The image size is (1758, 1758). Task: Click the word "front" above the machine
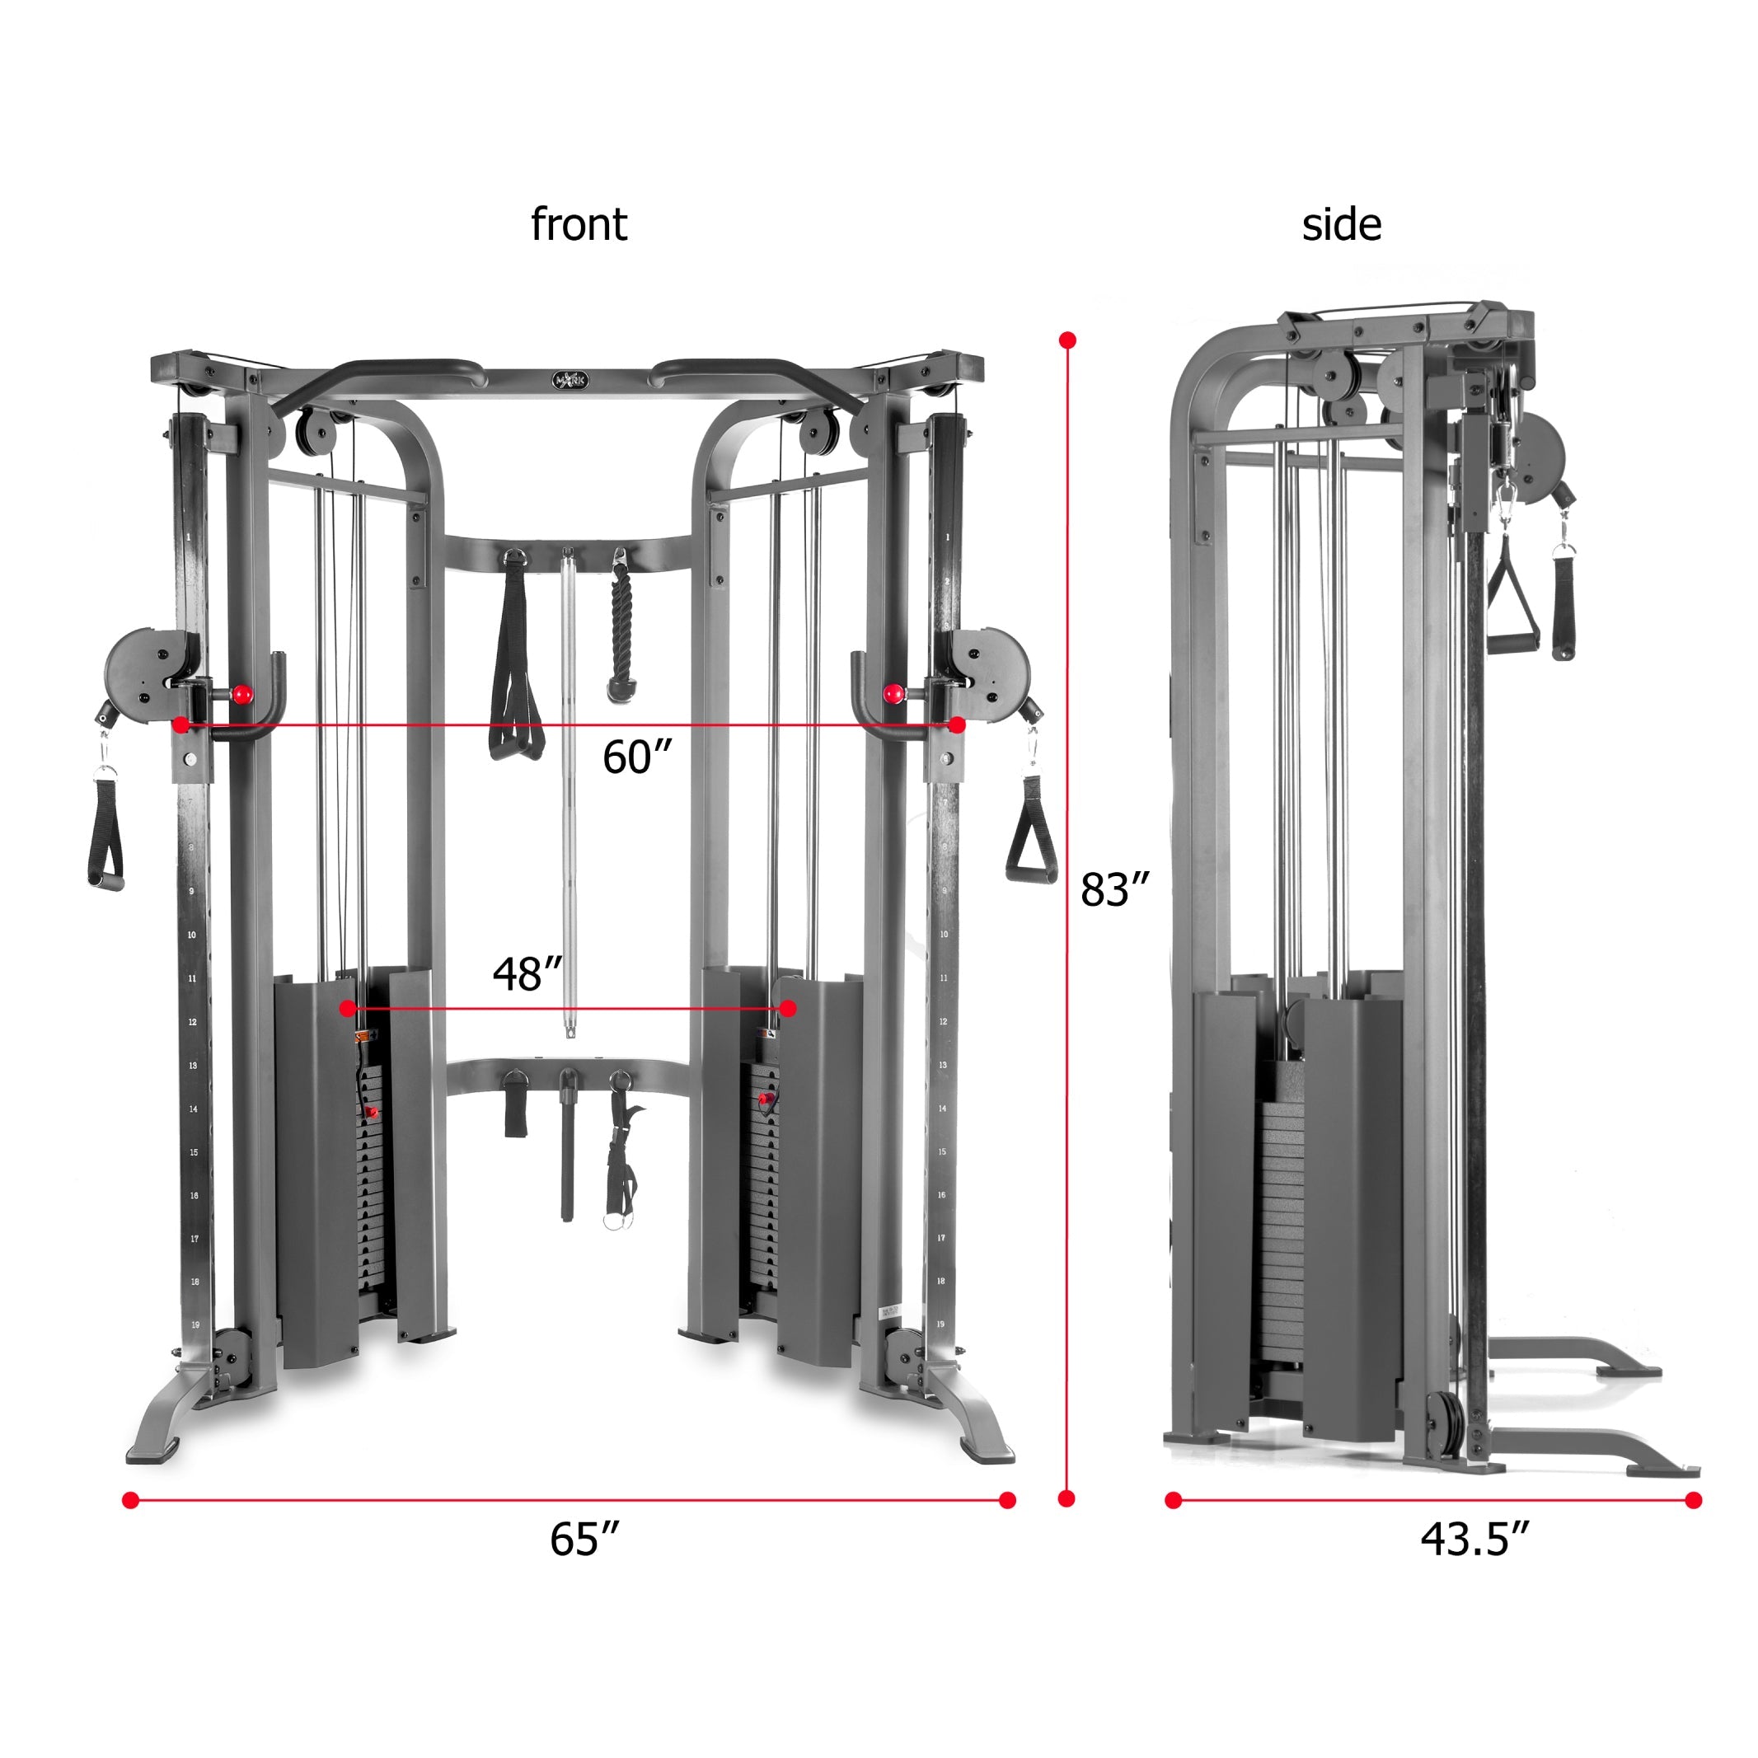pos(579,224)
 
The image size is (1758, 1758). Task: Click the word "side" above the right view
pos(1340,224)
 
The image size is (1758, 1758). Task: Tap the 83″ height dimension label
pos(1114,890)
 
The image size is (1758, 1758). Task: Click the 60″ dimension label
pos(637,757)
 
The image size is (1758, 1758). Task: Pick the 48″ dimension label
pos(527,973)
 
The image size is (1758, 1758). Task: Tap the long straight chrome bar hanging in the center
pos(569,792)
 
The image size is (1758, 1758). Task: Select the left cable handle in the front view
pos(106,830)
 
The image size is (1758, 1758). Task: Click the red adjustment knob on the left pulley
pos(242,694)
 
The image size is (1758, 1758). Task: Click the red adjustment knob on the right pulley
pos(893,693)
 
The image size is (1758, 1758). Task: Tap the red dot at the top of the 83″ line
pos(1068,340)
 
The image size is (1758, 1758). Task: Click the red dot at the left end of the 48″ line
pos(347,1008)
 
